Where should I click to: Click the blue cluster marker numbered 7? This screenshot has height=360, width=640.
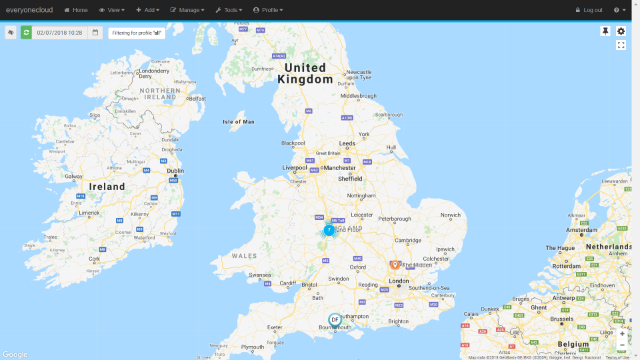click(x=329, y=230)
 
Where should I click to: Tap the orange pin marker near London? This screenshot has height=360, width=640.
click(x=395, y=265)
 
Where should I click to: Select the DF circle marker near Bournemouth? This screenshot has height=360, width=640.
click(x=335, y=320)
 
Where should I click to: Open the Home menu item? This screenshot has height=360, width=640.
click(x=76, y=10)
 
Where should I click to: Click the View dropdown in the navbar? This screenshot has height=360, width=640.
click(x=111, y=10)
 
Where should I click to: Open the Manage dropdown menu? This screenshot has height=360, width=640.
click(x=187, y=10)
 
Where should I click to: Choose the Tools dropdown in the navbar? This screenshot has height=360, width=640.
click(x=229, y=10)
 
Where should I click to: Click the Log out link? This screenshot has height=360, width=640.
click(x=589, y=10)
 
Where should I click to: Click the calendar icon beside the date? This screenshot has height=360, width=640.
click(x=95, y=33)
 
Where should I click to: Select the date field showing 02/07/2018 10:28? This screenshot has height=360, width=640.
click(x=59, y=33)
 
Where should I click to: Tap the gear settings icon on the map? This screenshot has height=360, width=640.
click(x=621, y=31)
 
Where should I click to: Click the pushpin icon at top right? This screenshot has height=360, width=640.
click(x=605, y=31)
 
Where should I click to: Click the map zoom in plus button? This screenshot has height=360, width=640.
click(x=622, y=333)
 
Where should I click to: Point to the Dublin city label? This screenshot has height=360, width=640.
click(x=175, y=171)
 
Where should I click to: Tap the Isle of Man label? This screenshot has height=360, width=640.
click(x=239, y=122)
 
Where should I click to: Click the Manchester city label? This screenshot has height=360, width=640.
click(x=339, y=169)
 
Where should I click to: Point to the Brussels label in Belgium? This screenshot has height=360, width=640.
click(x=562, y=319)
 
